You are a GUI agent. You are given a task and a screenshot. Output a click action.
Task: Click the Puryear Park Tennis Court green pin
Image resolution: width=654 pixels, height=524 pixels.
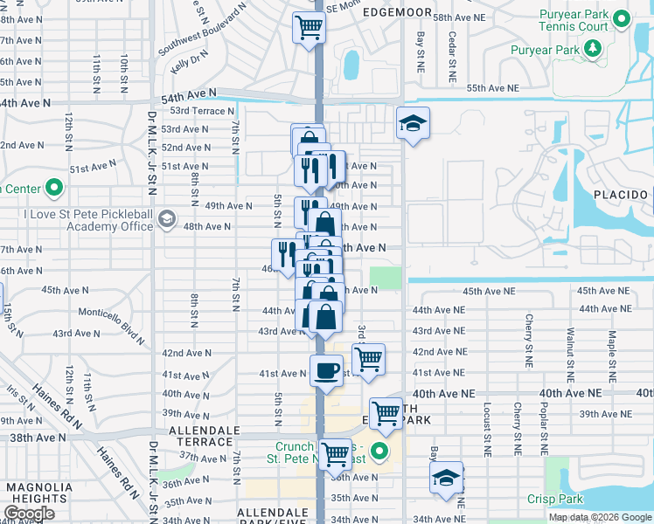[x=622, y=18]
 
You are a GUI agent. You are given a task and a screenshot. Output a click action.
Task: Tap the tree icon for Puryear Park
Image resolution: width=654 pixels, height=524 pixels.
[x=595, y=49]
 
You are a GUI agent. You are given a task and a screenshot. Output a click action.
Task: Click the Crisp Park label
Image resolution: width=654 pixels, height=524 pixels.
[x=554, y=499]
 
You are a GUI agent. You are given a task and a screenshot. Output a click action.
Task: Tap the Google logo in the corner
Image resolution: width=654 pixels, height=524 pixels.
[x=29, y=514]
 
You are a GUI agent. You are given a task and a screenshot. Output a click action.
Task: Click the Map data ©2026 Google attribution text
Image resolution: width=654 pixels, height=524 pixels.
[x=599, y=517]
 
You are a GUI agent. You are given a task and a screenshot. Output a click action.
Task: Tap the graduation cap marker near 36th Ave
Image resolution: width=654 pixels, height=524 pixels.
[x=446, y=478]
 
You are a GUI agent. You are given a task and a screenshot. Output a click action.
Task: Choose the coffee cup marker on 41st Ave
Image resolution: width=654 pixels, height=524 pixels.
[x=326, y=369]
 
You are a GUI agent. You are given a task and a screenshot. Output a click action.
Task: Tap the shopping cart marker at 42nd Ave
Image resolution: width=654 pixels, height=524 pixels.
[x=368, y=358]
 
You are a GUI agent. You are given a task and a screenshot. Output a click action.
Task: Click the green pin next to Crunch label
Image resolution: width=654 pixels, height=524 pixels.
[x=379, y=452]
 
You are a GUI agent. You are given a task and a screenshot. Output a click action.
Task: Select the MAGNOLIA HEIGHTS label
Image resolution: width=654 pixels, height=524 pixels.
[x=37, y=493]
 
